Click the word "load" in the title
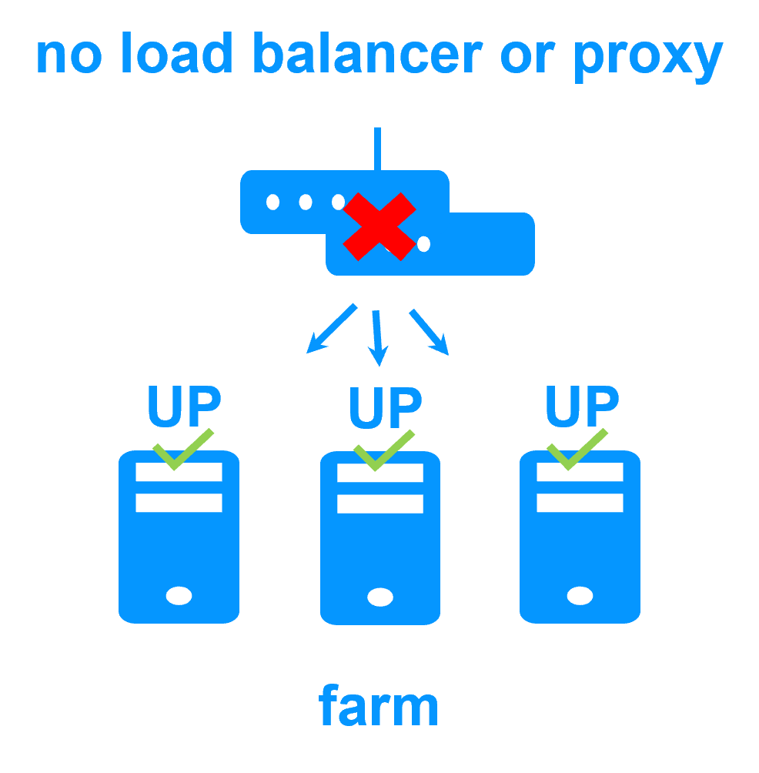click(176, 55)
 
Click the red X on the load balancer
click(379, 226)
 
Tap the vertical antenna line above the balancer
click(377, 149)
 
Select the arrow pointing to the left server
click(331, 329)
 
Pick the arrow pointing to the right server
click(429, 331)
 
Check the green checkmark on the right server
click(576, 450)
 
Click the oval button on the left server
click(179, 595)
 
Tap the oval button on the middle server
click(380, 597)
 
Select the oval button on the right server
click(580, 595)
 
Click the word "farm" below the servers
click(379, 706)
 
